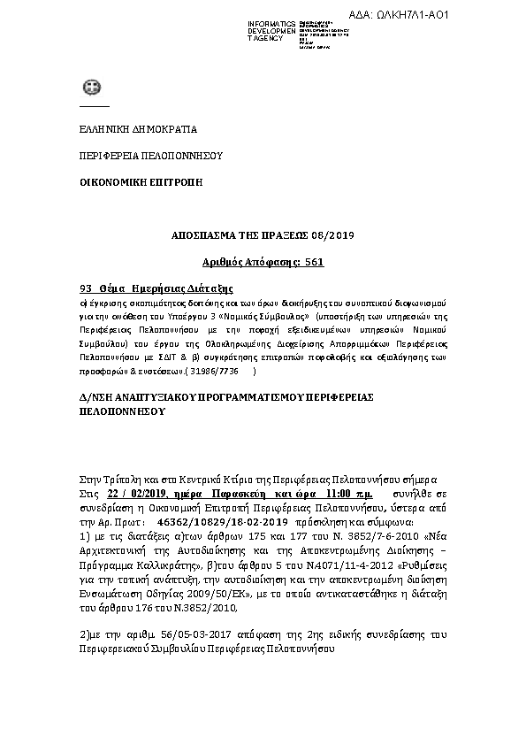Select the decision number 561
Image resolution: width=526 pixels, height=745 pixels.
(x=312, y=262)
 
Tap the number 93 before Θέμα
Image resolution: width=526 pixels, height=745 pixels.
(x=87, y=288)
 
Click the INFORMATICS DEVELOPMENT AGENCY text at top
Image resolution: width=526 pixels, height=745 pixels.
(x=271, y=31)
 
